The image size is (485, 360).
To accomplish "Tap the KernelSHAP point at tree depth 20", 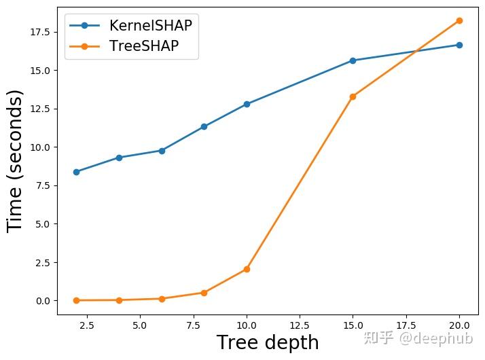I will [459, 45].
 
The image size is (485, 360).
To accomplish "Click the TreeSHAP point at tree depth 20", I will [459, 20].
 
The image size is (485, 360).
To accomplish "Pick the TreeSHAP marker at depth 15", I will [353, 96].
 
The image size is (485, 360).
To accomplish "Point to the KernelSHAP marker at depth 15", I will [353, 60].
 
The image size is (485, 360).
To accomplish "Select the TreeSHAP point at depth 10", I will [247, 269].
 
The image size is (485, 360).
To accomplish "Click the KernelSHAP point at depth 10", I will [247, 104].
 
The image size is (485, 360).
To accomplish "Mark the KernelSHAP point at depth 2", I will [76, 172].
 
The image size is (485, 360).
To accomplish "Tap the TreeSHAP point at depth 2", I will [76, 300].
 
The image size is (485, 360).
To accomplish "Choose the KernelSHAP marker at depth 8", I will [204, 126].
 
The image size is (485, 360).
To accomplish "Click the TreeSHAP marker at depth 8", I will [204, 293].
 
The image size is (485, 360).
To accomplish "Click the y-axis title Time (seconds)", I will [16, 161].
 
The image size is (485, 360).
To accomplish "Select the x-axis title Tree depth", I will [267, 343].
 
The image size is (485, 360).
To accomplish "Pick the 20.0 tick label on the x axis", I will [459, 325].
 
